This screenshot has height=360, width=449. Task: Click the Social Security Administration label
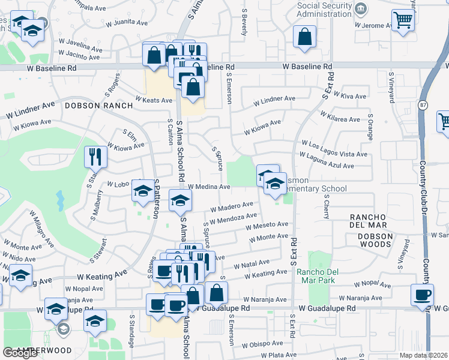pyautogui.click(x=316, y=10)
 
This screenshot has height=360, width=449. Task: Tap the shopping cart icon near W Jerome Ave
pyautogui.click(x=403, y=21)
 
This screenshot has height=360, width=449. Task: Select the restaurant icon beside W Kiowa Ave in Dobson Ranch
pyautogui.click(x=95, y=157)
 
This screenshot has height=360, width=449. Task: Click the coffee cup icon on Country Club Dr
pyautogui.click(x=422, y=295)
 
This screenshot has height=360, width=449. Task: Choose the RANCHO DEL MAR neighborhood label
pyautogui.click(x=375, y=221)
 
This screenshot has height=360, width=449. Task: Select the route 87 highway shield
pyautogui.click(x=423, y=104)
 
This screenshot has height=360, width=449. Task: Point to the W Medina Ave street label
pyautogui.click(x=209, y=187)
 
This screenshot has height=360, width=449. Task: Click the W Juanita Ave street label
pyautogui.click(x=127, y=22)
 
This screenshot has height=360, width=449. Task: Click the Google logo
pyautogui.click(x=20, y=352)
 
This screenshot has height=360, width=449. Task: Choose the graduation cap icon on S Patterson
pyautogui.click(x=143, y=191)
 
